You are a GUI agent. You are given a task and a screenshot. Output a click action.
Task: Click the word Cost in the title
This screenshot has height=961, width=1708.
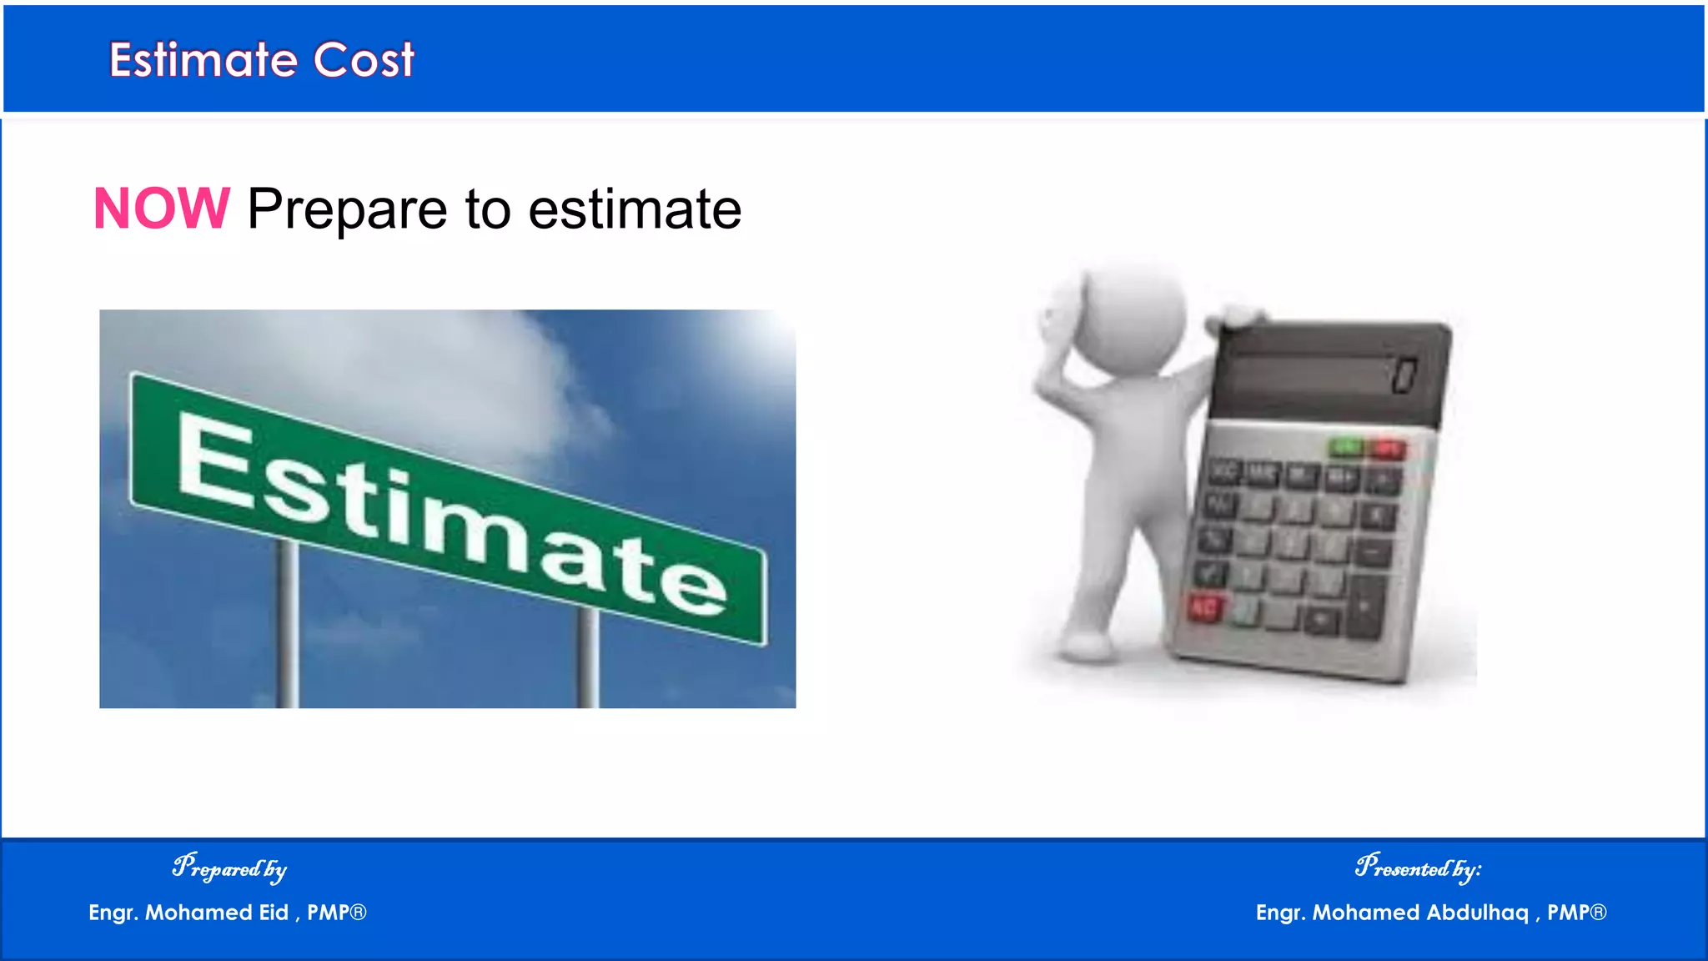(x=364, y=60)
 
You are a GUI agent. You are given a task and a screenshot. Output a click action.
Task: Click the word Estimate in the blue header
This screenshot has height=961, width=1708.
(x=203, y=60)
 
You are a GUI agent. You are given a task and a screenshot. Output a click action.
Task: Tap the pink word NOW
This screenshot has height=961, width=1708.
(x=161, y=209)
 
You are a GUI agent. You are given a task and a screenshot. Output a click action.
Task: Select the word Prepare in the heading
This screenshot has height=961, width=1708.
(x=347, y=210)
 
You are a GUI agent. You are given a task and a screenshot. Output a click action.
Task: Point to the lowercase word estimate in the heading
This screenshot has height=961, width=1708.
(x=635, y=210)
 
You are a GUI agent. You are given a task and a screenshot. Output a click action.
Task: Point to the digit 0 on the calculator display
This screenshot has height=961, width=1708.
(x=1404, y=375)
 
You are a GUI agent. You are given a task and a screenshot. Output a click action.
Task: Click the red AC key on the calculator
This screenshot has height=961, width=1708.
(x=1204, y=606)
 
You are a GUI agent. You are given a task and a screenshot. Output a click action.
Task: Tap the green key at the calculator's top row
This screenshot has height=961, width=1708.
(x=1344, y=448)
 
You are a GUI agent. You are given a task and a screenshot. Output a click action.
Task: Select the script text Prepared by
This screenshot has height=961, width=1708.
(x=229, y=868)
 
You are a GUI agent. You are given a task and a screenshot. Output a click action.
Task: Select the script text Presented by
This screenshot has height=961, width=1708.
(x=1418, y=868)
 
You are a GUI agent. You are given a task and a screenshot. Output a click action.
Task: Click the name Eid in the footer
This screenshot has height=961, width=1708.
(x=274, y=913)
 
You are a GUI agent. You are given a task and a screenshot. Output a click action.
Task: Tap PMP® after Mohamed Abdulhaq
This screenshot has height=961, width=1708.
(x=1576, y=913)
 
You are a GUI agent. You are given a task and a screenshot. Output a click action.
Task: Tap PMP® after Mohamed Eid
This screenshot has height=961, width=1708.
(x=336, y=913)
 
